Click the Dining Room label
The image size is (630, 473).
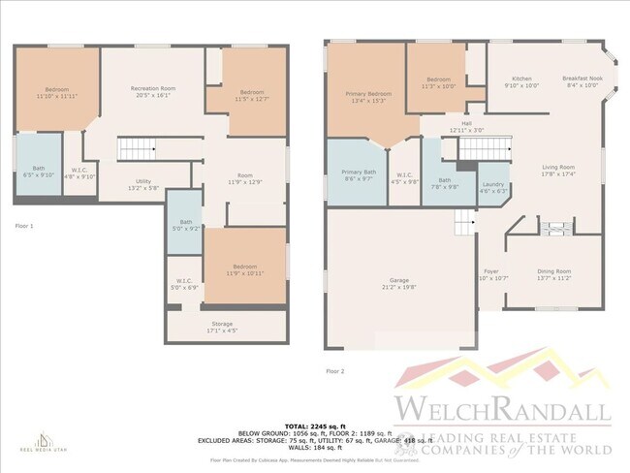[x=553, y=274]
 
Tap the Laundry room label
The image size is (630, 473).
[x=493, y=187]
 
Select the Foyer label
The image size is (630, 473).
[x=492, y=274]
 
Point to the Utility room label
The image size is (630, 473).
[x=142, y=183]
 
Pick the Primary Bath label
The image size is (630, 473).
[x=355, y=175]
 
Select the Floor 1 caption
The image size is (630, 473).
[x=24, y=225]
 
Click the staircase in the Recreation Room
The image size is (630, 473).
[x=137, y=149]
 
